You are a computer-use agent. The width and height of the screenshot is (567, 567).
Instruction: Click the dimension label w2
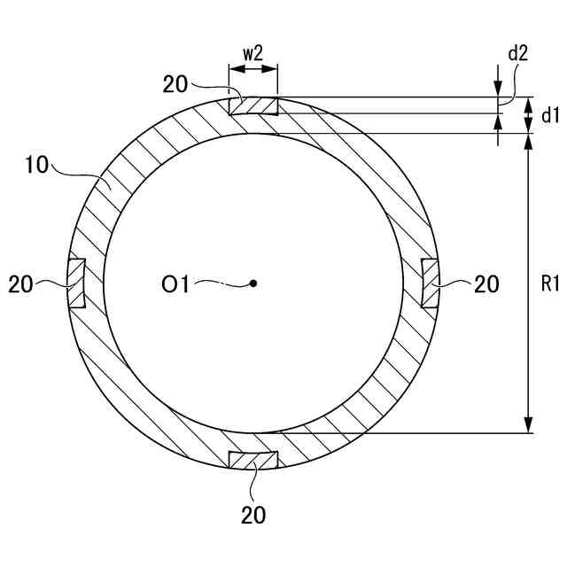point(253,52)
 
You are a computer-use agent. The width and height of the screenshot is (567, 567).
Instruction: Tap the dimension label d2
point(518,52)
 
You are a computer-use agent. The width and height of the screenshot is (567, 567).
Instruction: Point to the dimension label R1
point(550,284)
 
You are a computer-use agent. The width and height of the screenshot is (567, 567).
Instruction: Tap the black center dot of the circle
point(253,283)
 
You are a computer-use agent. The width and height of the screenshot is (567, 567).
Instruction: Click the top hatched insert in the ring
point(254,105)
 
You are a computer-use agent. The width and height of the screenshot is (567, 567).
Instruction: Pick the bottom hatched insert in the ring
point(253,461)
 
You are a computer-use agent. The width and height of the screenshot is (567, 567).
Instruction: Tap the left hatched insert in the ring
point(77,283)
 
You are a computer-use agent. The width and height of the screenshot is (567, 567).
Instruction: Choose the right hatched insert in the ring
point(431,283)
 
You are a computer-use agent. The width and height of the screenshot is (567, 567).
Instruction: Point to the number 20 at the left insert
point(22,284)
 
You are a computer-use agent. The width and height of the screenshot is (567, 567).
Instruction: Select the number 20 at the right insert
point(486,284)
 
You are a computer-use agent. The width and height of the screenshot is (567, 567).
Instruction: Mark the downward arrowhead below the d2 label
point(500,89)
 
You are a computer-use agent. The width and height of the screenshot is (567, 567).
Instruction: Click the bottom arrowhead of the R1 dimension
point(530,425)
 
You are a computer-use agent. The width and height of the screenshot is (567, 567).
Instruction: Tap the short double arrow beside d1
point(530,114)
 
